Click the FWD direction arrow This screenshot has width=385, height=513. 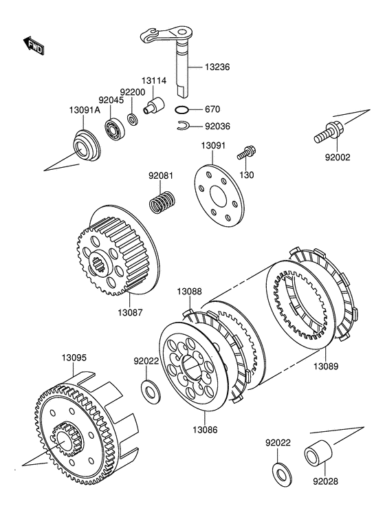(x=34, y=45)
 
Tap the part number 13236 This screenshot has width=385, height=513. (x=217, y=67)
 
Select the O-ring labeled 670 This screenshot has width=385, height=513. (x=181, y=109)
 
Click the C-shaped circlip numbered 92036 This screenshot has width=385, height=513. (x=183, y=126)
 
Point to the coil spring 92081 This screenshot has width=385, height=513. (x=162, y=202)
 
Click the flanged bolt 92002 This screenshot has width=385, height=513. (x=329, y=133)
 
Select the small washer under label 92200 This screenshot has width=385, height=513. (x=132, y=120)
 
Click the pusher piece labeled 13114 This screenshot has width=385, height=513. (x=154, y=105)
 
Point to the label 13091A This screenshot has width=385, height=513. (x=85, y=110)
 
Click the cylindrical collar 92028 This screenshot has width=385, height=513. (x=318, y=453)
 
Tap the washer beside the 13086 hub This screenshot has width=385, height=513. (x=150, y=391)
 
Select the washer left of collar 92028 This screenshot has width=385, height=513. (x=282, y=474)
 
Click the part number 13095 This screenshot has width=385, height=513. (x=74, y=358)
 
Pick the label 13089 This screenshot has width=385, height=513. (x=326, y=367)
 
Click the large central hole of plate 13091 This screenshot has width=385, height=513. (x=218, y=196)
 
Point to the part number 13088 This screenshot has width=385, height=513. (x=190, y=292)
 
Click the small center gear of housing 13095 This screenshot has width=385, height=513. (x=67, y=439)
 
